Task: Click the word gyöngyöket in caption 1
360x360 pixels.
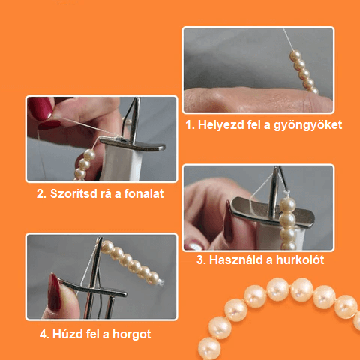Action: (x=307, y=125)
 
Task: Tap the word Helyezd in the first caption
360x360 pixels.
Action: (x=221, y=124)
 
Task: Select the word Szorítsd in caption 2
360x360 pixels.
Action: (x=74, y=193)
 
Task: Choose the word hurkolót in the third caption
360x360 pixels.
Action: (x=300, y=259)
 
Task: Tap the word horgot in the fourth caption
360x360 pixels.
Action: (x=132, y=334)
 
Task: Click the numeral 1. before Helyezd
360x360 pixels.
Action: (x=190, y=124)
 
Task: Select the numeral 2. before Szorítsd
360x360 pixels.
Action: (x=41, y=194)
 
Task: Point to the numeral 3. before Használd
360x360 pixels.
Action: (x=201, y=260)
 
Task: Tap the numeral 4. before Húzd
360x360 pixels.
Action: (x=44, y=334)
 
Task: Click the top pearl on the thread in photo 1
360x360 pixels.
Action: (x=295, y=55)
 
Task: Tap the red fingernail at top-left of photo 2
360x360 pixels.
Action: (x=40, y=107)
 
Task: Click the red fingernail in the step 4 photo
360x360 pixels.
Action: (x=54, y=292)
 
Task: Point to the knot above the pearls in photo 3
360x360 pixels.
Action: (x=286, y=193)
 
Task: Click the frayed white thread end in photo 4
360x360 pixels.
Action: (x=160, y=283)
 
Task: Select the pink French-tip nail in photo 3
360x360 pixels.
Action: (x=196, y=244)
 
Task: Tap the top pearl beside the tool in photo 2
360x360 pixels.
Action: (x=89, y=155)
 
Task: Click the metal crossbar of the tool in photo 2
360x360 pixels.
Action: (x=133, y=144)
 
